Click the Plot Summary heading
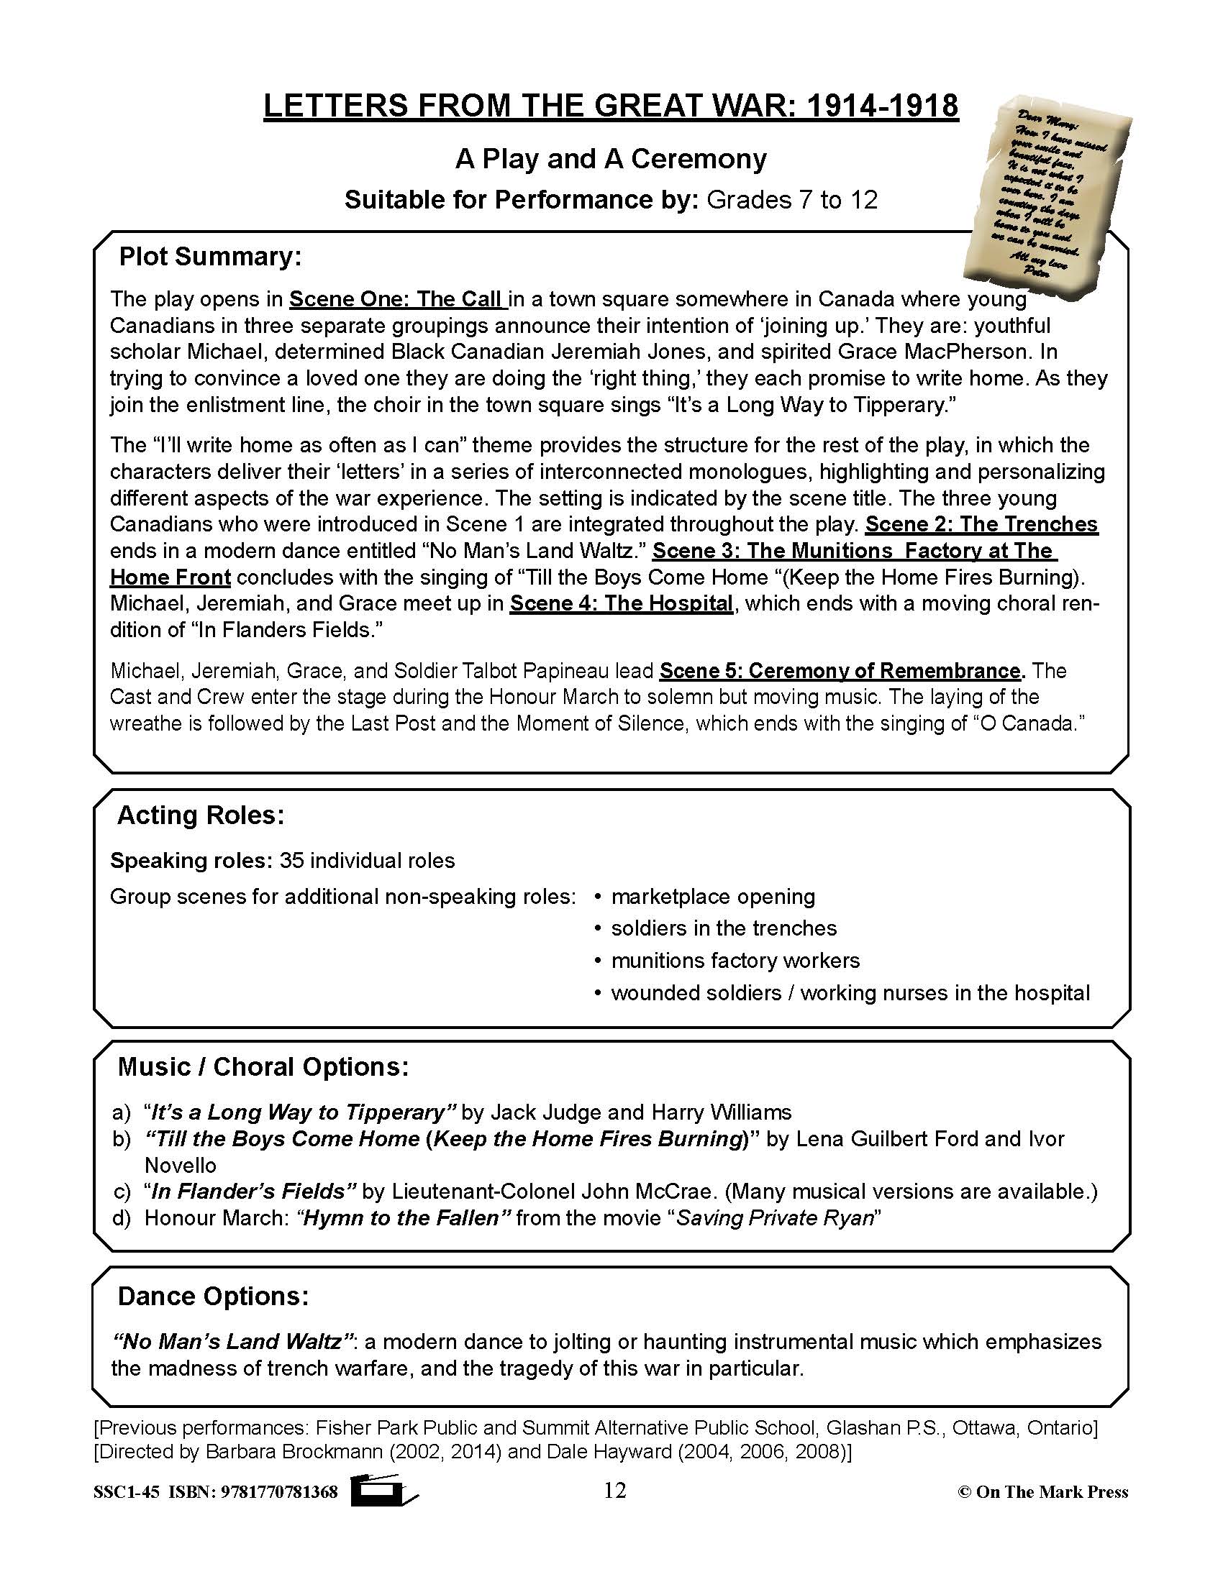(x=210, y=257)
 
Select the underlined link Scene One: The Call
(x=396, y=299)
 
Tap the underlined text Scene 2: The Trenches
(x=982, y=524)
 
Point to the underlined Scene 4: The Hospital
(x=622, y=603)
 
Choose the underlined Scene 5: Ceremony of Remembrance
(x=840, y=671)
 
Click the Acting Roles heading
(x=201, y=815)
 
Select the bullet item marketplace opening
(x=713, y=897)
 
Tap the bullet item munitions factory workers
(x=735, y=961)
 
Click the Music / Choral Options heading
(x=263, y=1067)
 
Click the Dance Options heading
(x=213, y=1296)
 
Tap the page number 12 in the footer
(x=614, y=1491)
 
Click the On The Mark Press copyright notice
(x=1043, y=1492)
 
